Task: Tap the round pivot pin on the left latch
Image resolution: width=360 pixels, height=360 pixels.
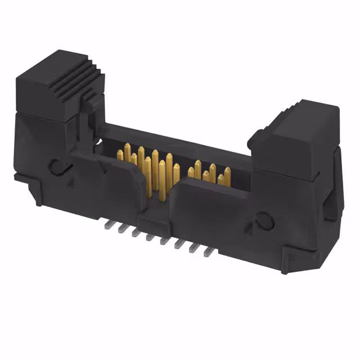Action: (x=56, y=166)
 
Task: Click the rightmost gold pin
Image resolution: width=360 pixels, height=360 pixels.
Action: (x=227, y=174)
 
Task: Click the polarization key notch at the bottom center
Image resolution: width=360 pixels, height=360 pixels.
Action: (x=154, y=217)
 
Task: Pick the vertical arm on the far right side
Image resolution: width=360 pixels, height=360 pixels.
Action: (x=334, y=186)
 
